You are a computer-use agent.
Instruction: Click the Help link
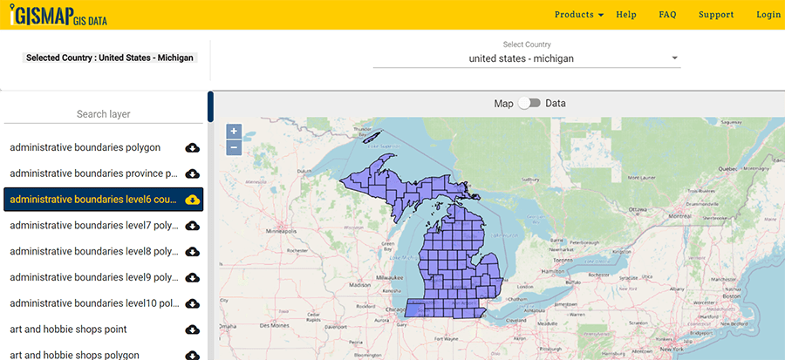click(x=626, y=15)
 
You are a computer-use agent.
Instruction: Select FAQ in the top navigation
click(x=667, y=15)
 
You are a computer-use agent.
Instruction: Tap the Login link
click(x=768, y=15)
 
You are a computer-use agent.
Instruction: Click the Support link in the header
click(x=716, y=15)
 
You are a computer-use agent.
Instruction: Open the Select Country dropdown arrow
click(x=674, y=59)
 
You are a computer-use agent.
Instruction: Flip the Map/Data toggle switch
click(x=529, y=103)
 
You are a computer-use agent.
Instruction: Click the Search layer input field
click(x=103, y=114)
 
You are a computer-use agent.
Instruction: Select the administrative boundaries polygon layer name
click(x=85, y=147)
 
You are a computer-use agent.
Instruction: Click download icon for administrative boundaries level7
click(x=193, y=226)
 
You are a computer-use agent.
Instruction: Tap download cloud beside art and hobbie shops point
click(x=193, y=329)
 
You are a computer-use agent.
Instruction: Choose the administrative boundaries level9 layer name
click(x=94, y=277)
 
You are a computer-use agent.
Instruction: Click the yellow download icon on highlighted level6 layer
click(x=193, y=200)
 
